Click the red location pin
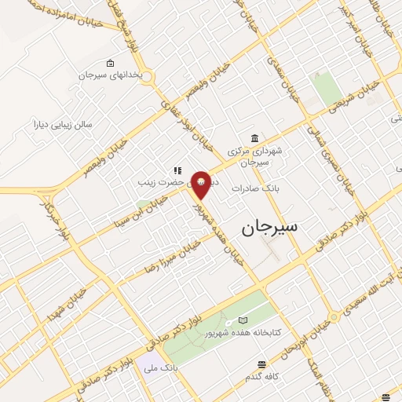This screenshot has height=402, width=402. [x=203, y=183]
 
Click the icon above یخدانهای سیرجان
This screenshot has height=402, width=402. [x=110, y=64]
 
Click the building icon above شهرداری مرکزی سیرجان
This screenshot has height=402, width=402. [x=253, y=136]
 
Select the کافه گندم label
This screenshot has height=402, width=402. [x=262, y=377]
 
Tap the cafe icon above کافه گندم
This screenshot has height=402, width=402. [x=261, y=364]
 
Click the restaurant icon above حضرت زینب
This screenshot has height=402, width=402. [x=178, y=170]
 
